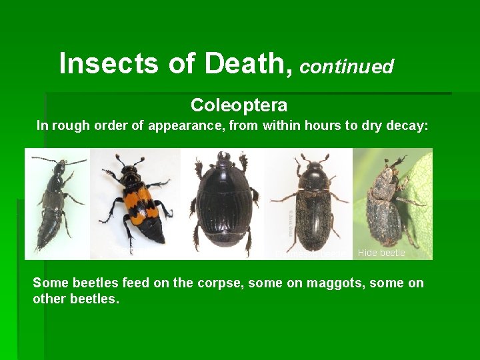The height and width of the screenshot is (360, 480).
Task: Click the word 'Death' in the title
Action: (x=245, y=64)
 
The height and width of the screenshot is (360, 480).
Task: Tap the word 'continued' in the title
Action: (x=347, y=67)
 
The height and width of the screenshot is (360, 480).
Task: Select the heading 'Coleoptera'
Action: (x=239, y=105)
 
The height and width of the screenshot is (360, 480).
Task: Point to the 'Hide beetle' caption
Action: (x=381, y=253)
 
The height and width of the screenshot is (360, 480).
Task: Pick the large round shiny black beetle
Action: (x=223, y=200)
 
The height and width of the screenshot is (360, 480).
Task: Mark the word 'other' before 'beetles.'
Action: (x=51, y=299)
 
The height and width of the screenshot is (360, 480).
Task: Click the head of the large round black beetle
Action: (x=223, y=160)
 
